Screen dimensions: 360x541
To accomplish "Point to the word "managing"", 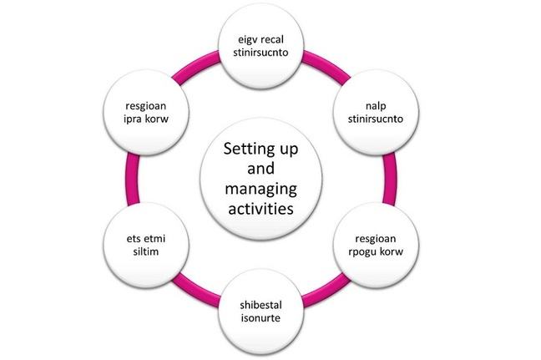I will [261, 189].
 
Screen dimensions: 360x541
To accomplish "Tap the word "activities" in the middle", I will [261, 208].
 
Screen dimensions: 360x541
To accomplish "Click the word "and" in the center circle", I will [261, 170].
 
